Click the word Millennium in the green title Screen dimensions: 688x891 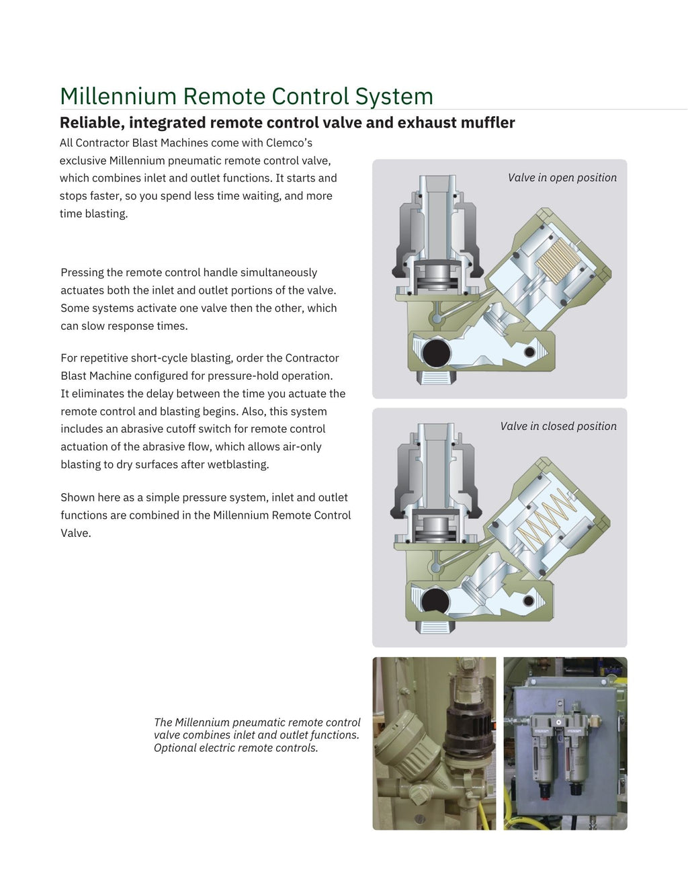(118, 96)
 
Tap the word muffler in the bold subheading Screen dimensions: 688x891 (488, 122)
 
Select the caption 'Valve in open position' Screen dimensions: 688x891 (562, 177)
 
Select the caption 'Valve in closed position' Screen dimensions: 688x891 (558, 426)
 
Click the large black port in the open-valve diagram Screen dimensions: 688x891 (436, 353)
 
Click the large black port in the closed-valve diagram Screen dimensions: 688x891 (435, 602)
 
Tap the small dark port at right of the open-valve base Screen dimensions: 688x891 (529, 352)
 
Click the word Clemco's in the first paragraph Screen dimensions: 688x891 (289, 142)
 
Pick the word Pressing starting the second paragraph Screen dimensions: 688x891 (81, 273)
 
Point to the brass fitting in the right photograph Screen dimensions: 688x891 (596, 720)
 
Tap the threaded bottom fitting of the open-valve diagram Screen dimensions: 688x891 (437, 377)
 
